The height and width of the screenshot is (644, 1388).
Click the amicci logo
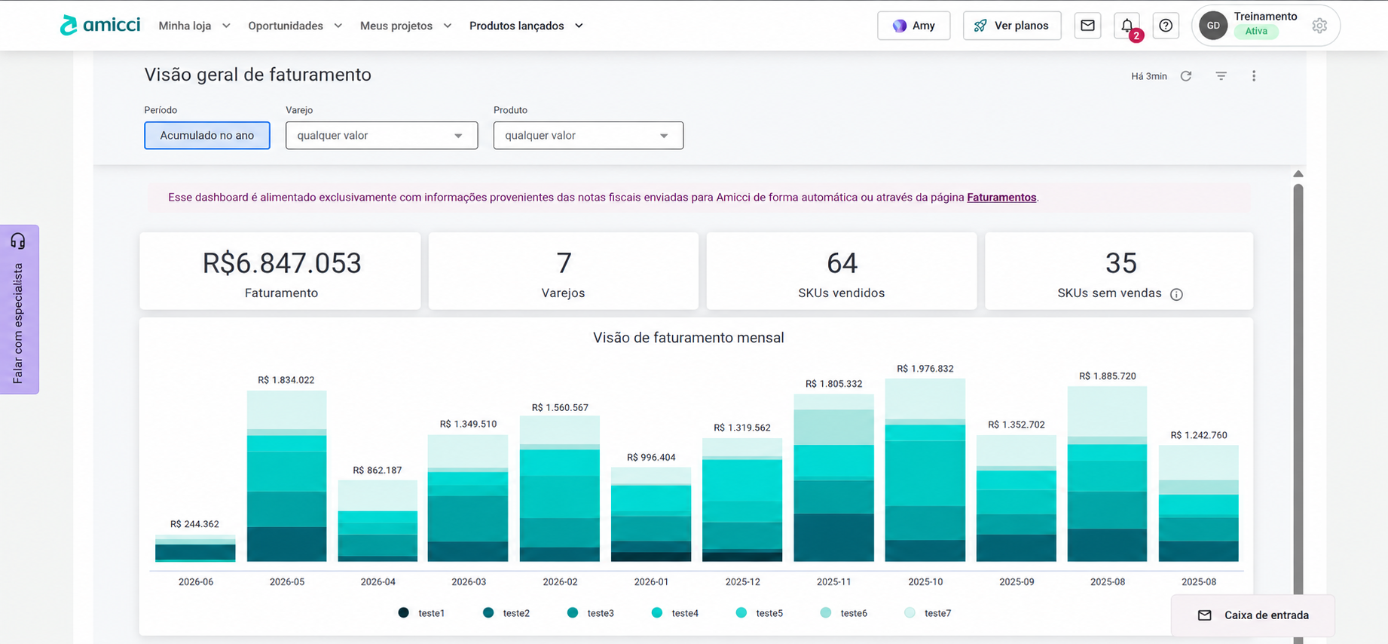pos(100,25)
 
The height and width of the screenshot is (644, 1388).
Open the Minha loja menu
pos(194,26)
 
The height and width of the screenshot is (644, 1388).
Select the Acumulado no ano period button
pos(207,136)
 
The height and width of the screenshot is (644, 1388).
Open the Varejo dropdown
pos(381,136)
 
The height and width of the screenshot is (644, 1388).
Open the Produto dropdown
pos(589,136)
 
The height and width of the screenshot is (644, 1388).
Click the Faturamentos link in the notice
pos(1001,198)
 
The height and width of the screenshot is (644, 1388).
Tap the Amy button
pos(914,26)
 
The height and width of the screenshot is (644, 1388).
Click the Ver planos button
pos(1012,26)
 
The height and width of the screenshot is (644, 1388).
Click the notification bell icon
pos(1127,26)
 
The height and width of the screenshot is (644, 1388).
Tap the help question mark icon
pos(1166,26)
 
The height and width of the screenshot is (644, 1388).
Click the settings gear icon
pos(1319,26)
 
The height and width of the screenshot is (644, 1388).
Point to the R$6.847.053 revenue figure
pos(282,263)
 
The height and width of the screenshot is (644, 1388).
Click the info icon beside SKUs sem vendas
pos(1176,294)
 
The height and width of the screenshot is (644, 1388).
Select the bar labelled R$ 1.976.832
pos(925,470)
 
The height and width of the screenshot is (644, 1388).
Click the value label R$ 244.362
pos(194,524)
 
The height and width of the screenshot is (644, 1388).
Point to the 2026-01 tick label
pos(651,582)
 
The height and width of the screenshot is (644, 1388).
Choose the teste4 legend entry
pos(675,613)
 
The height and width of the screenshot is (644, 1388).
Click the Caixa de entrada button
pos(1253,615)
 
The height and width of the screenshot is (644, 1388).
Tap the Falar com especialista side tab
pos(19,309)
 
